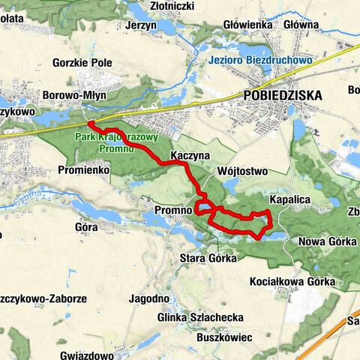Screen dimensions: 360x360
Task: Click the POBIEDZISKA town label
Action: [283, 95]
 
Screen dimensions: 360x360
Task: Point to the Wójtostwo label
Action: [241, 171]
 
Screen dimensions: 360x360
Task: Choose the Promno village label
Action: [172, 211]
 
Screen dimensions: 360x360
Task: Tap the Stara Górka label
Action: [208, 258]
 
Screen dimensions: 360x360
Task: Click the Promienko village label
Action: [84, 170]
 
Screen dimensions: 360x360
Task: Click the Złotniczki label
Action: [170, 6]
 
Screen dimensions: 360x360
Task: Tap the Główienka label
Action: [246, 24]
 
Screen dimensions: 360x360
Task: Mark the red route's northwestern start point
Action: [88, 123]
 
